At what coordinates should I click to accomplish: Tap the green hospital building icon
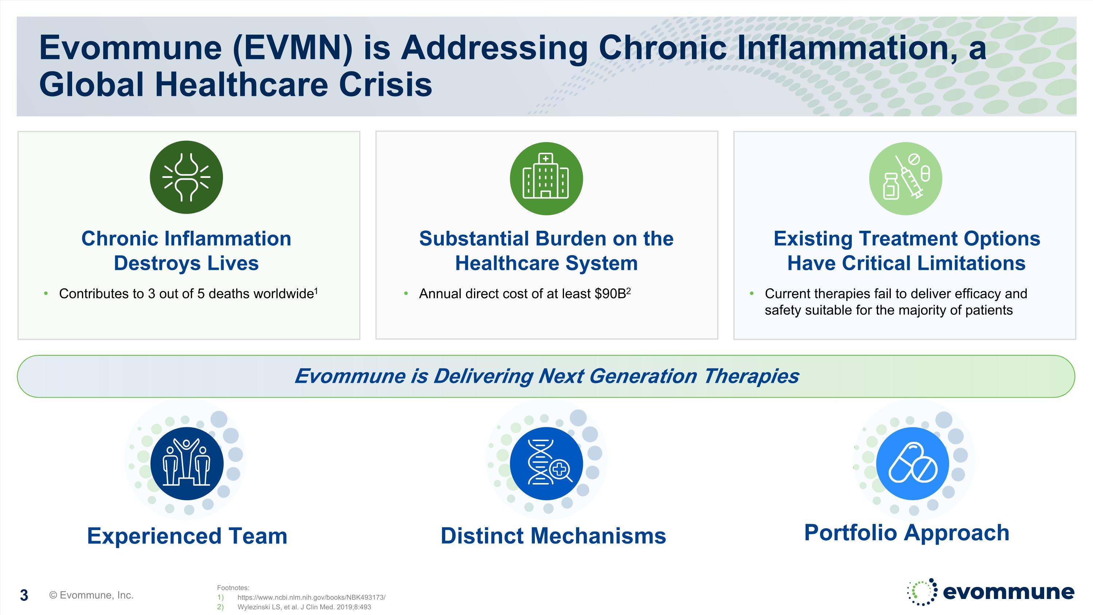pos(546,178)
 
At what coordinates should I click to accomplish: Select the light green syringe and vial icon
pos(905,178)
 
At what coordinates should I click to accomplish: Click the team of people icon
pos(187,463)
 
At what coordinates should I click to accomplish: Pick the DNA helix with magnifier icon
pos(546,463)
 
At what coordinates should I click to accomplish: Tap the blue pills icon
pos(912,463)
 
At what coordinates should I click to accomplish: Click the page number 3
pos(24,595)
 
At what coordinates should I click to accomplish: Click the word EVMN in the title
pos(293,48)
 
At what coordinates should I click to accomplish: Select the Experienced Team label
pos(187,536)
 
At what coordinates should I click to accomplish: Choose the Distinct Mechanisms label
pos(553,536)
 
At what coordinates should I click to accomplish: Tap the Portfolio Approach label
pos(907,533)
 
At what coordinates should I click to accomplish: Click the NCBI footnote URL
pos(312,598)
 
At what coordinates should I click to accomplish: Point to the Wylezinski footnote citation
pos(304,607)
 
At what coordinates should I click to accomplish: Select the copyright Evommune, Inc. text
pos(91,595)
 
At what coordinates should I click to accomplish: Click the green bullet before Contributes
pos(46,293)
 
